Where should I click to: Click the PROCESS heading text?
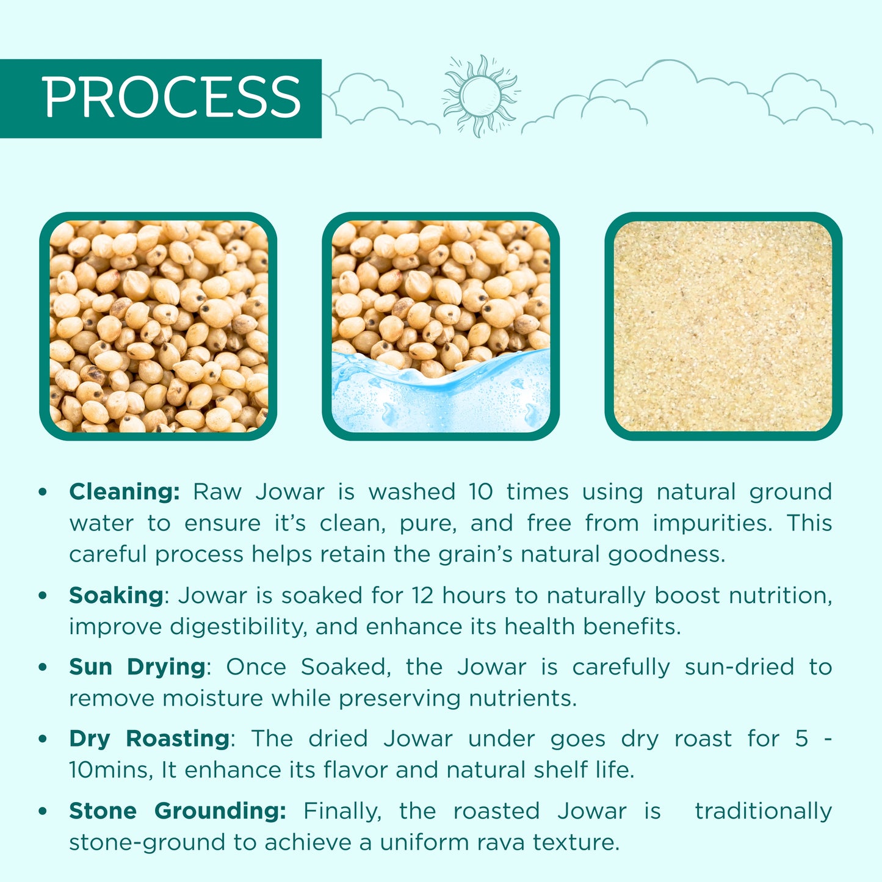pos(172,98)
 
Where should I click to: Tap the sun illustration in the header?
pos(480,95)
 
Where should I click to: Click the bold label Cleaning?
pos(125,491)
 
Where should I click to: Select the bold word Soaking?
pos(116,595)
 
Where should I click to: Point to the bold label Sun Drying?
pos(137,667)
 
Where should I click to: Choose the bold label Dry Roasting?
pos(149,739)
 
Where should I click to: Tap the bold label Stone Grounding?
pos(177,811)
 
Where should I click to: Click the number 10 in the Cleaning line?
pos(480,491)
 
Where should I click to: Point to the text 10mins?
pos(110,770)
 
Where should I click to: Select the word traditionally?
pos(763,811)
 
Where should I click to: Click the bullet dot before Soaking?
pos(43,595)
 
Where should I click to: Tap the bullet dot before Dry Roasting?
pos(43,739)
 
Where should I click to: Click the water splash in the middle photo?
pos(441,394)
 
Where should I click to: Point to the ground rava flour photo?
pos(723,326)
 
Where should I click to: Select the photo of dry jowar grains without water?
pos(158,326)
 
